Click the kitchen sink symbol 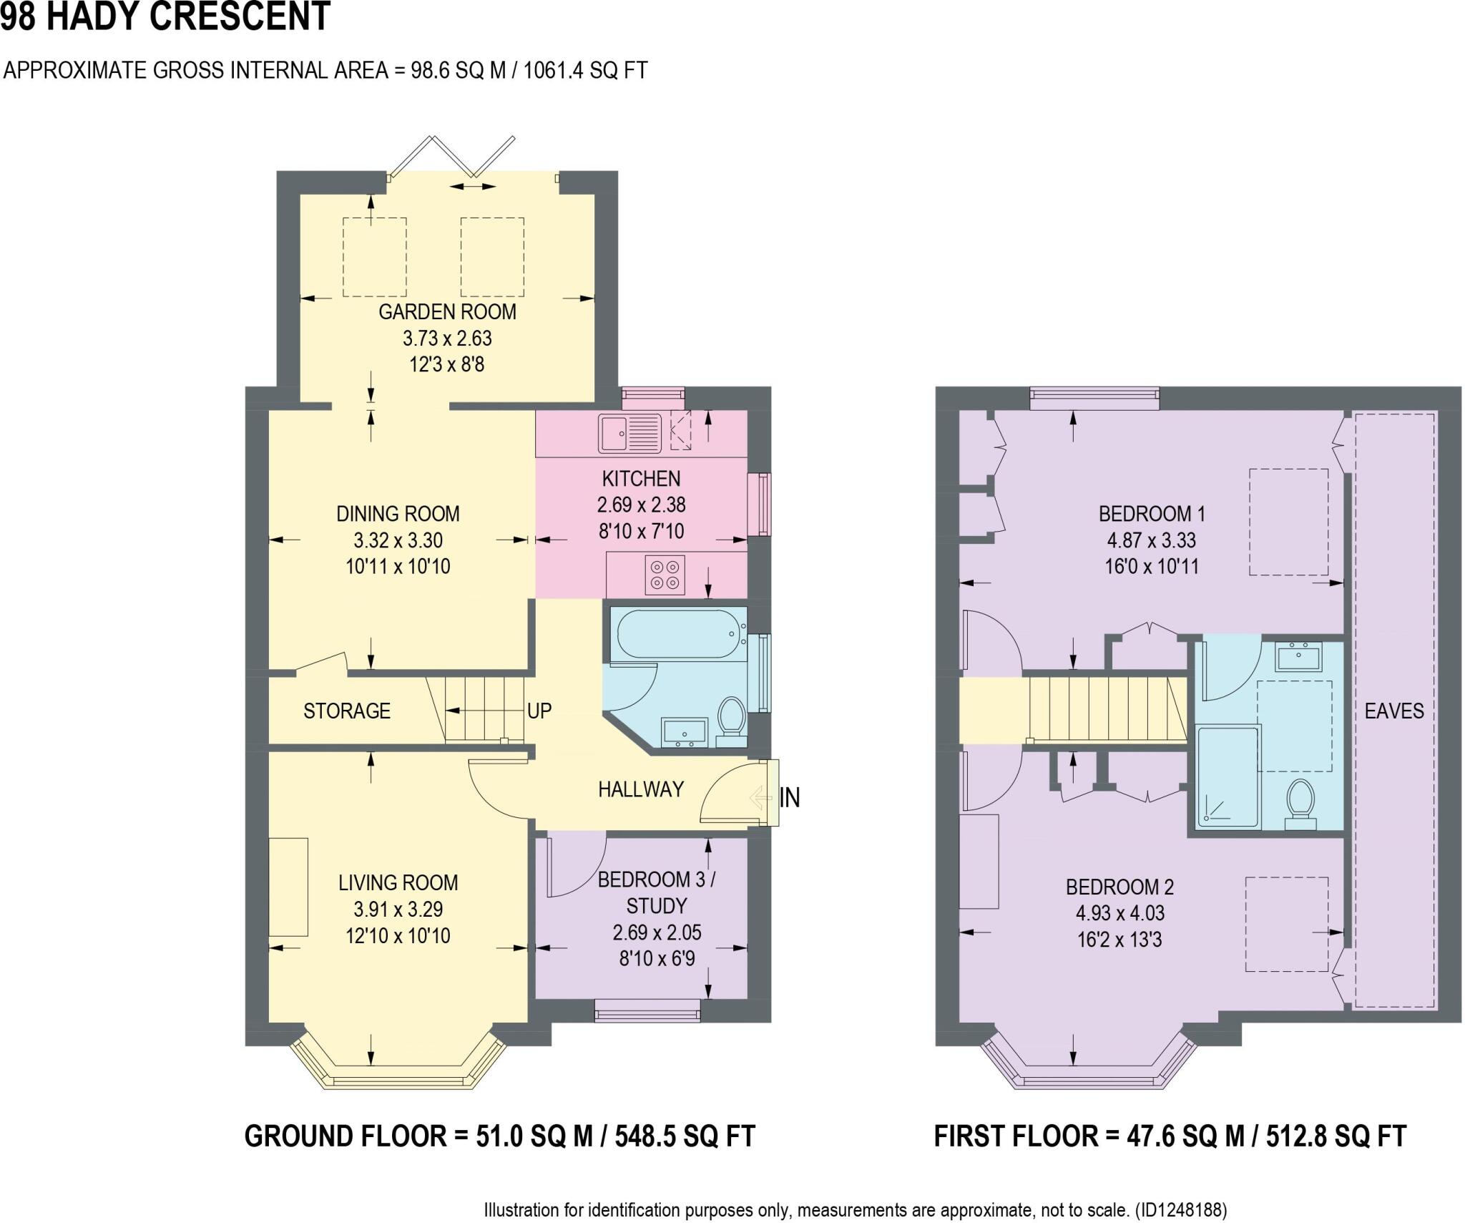click(629, 434)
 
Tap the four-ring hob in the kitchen click(665, 575)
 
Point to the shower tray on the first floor click(1228, 777)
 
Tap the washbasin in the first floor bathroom click(1298, 656)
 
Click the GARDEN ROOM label click(447, 312)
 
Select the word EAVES click(1393, 711)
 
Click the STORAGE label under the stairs click(347, 711)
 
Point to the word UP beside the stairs click(539, 711)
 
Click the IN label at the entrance click(790, 797)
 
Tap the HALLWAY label click(641, 789)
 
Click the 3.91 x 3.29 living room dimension click(398, 909)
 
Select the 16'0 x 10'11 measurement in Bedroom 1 click(1151, 567)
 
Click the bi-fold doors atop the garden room click(452, 155)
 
